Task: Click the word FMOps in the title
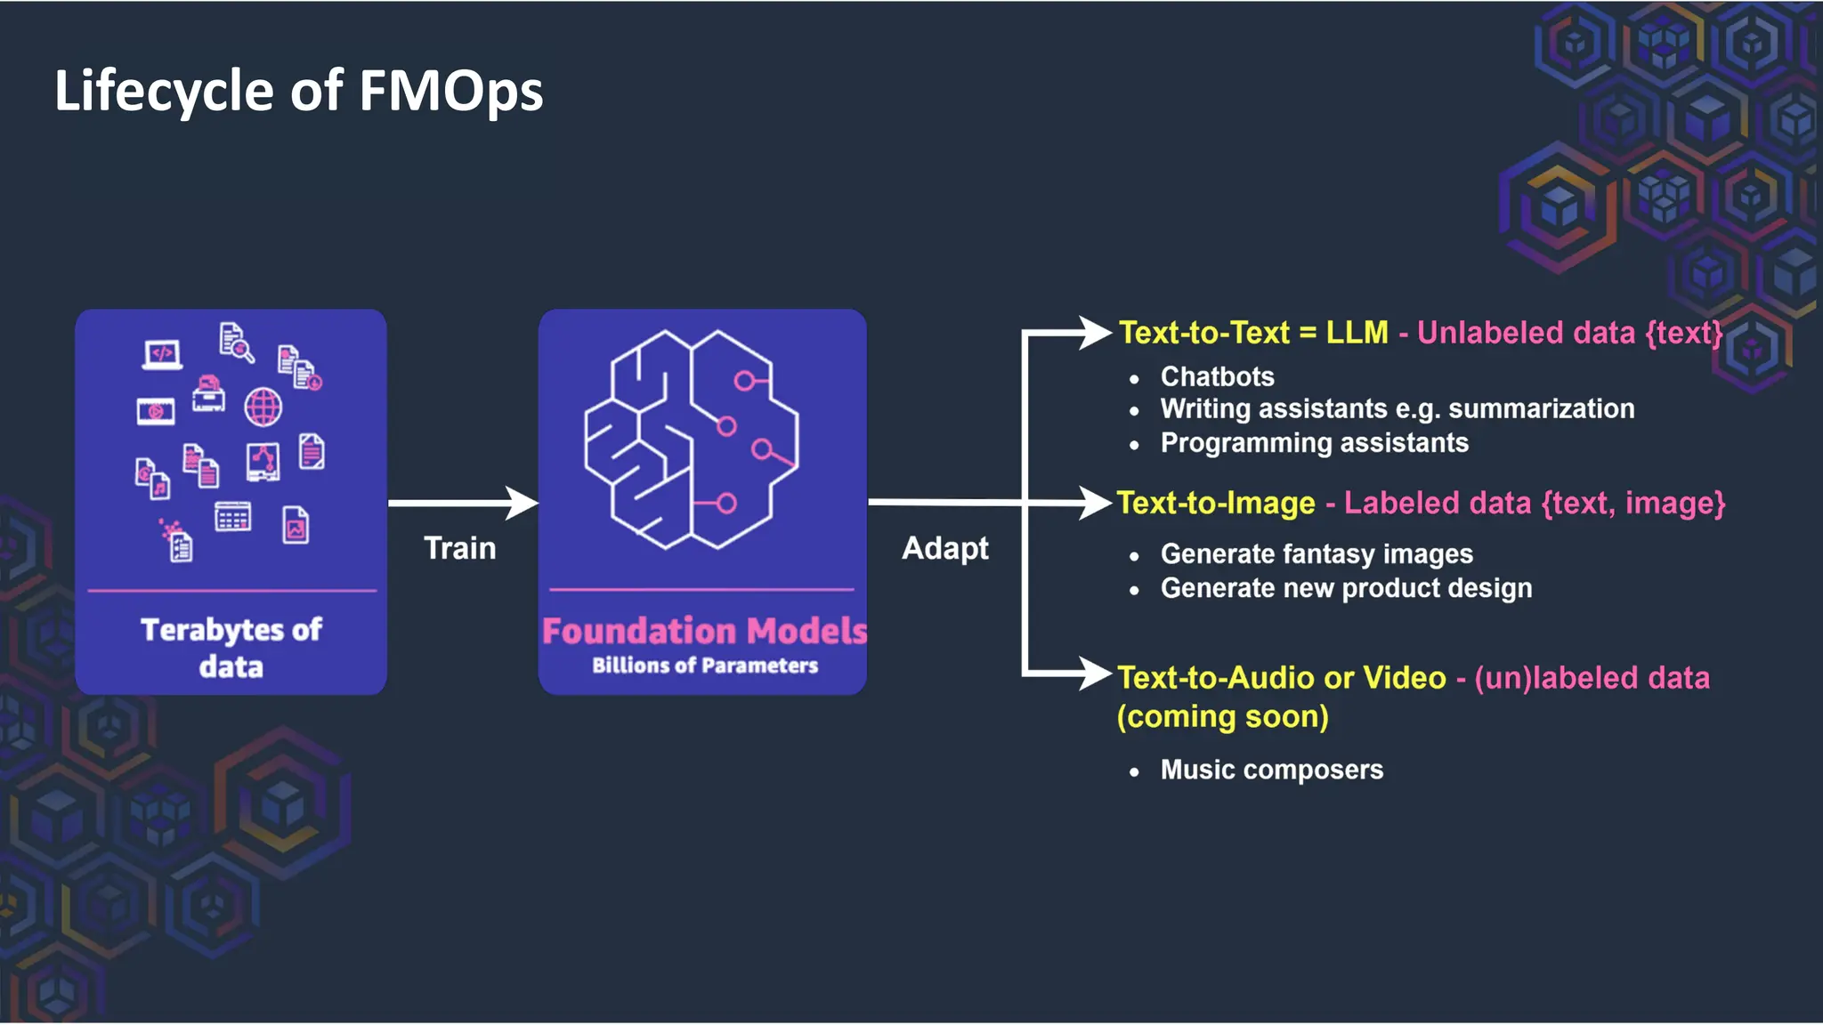pyautogui.click(x=450, y=92)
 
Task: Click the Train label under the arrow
pyautogui.click(x=459, y=548)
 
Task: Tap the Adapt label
pyautogui.click(x=944, y=548)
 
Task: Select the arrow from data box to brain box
pyautogui.click(x=463, y=503)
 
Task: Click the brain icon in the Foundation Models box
pyautogui.click(x=691, y=440)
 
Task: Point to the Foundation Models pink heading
pyautogui.click(x=703, y=631)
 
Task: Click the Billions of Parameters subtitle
pyautogui.click(x=704, y=666)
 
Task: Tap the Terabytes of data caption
pyautogui.click(x=231, y=648)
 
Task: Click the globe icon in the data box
pyautogui.click(x=263, y=408)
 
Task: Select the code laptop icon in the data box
pyautogui.click(x=162, y=354)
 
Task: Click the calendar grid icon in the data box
pyautogui.click(x=232, y=517)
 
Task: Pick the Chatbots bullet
pyautogui.click(x=1217, y=376)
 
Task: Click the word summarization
pyautogui.click(x=1541, y=408)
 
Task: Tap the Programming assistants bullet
pyautogui.click(x=1314, y=442)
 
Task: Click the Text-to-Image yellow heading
pyautogui.click(x=1216, y=503)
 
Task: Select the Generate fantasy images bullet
pyautogui.click(x=1317, y=553)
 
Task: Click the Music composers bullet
pyautogui.click(x=1271, y=770)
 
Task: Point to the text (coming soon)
pyautogui.click(x=1222, y=716)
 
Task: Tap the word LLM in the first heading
pyautogui.click(x=1357, y=332)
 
